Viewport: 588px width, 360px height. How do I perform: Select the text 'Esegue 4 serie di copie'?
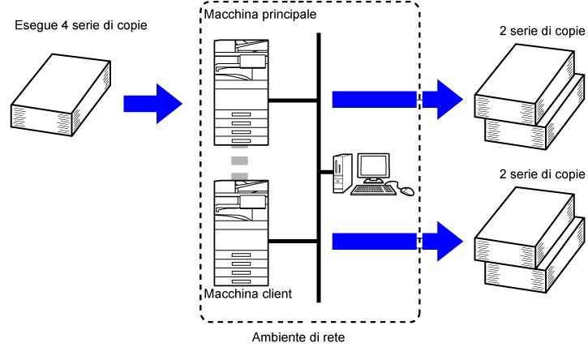[x=81, y=27]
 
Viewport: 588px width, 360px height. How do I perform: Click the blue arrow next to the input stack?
[x=152, y=102]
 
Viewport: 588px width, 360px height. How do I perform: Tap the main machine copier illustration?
[x=239, y=91]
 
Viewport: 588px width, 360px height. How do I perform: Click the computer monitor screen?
[x=376, y=168]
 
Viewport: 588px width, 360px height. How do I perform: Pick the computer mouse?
[x=407, y=191]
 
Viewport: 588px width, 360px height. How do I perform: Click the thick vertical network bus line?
[x=320, y=162]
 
